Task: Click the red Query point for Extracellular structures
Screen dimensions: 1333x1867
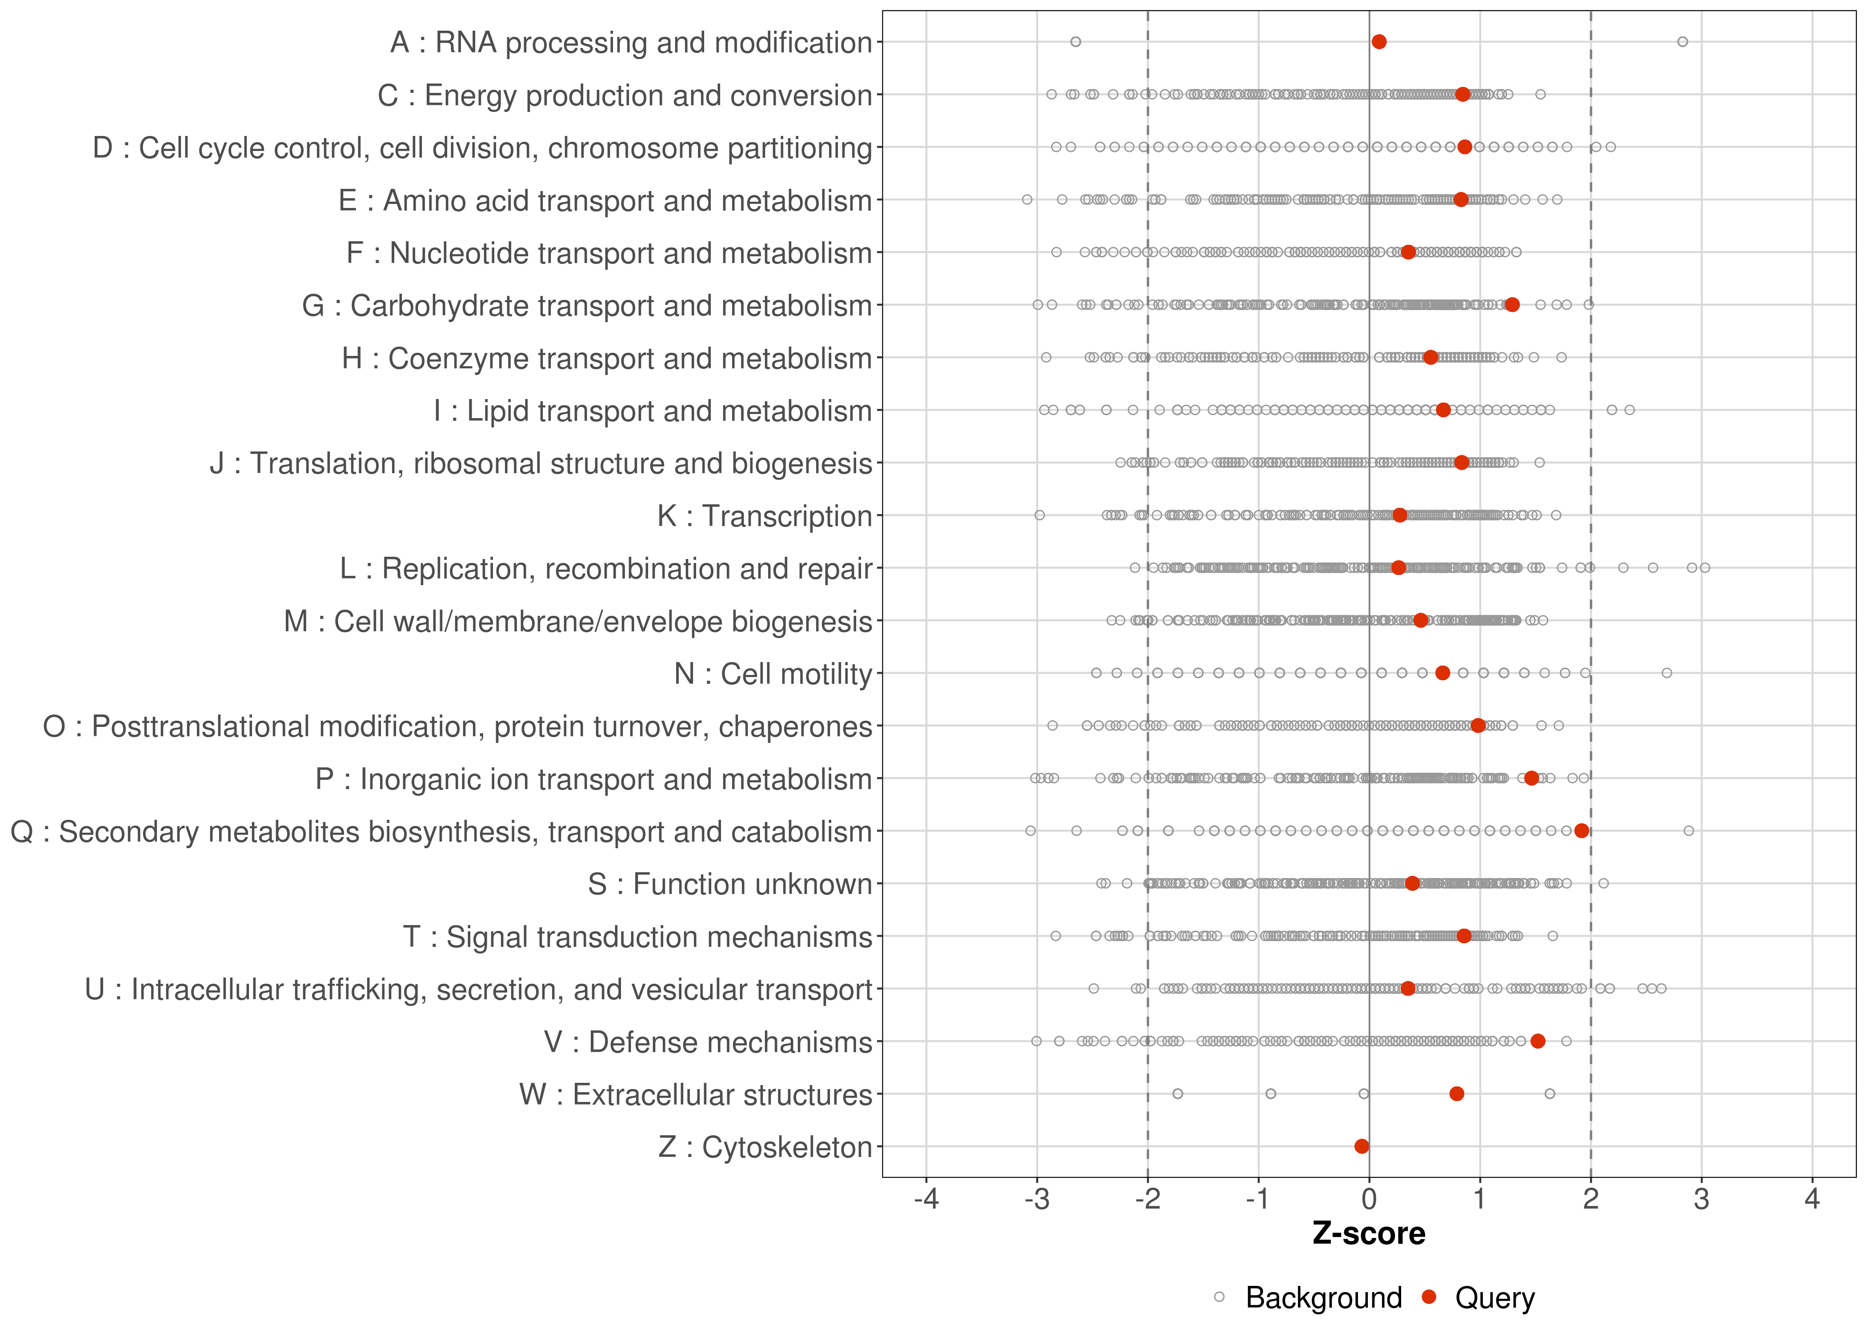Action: tap(1457, 1094)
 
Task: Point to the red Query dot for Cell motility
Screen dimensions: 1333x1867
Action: tap(1442, 673)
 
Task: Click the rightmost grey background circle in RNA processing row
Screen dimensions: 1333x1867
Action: tap(1682, 42)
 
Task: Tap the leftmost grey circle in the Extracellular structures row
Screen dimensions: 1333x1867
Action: tap(1178, 1094)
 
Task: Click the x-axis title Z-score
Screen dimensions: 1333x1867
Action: tap(1369, 1233)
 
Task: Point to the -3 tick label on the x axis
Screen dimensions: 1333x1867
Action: tap(1037, 1199)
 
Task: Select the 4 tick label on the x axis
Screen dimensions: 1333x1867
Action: tap(1812, 1199)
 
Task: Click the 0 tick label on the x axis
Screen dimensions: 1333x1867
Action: tap(1369, 1199)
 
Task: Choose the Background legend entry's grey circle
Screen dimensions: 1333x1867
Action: tap(1219, 1298)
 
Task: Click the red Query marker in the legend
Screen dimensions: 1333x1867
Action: tap(1430, 1298)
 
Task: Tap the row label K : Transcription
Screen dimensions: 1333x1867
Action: tap(765, 516)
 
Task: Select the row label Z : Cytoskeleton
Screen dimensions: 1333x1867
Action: tap(765, 1147)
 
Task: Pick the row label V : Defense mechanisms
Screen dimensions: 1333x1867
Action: tap(708, 1042)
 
